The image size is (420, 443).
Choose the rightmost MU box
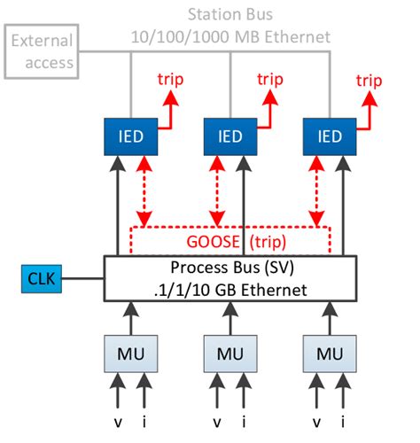click(329, 354)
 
